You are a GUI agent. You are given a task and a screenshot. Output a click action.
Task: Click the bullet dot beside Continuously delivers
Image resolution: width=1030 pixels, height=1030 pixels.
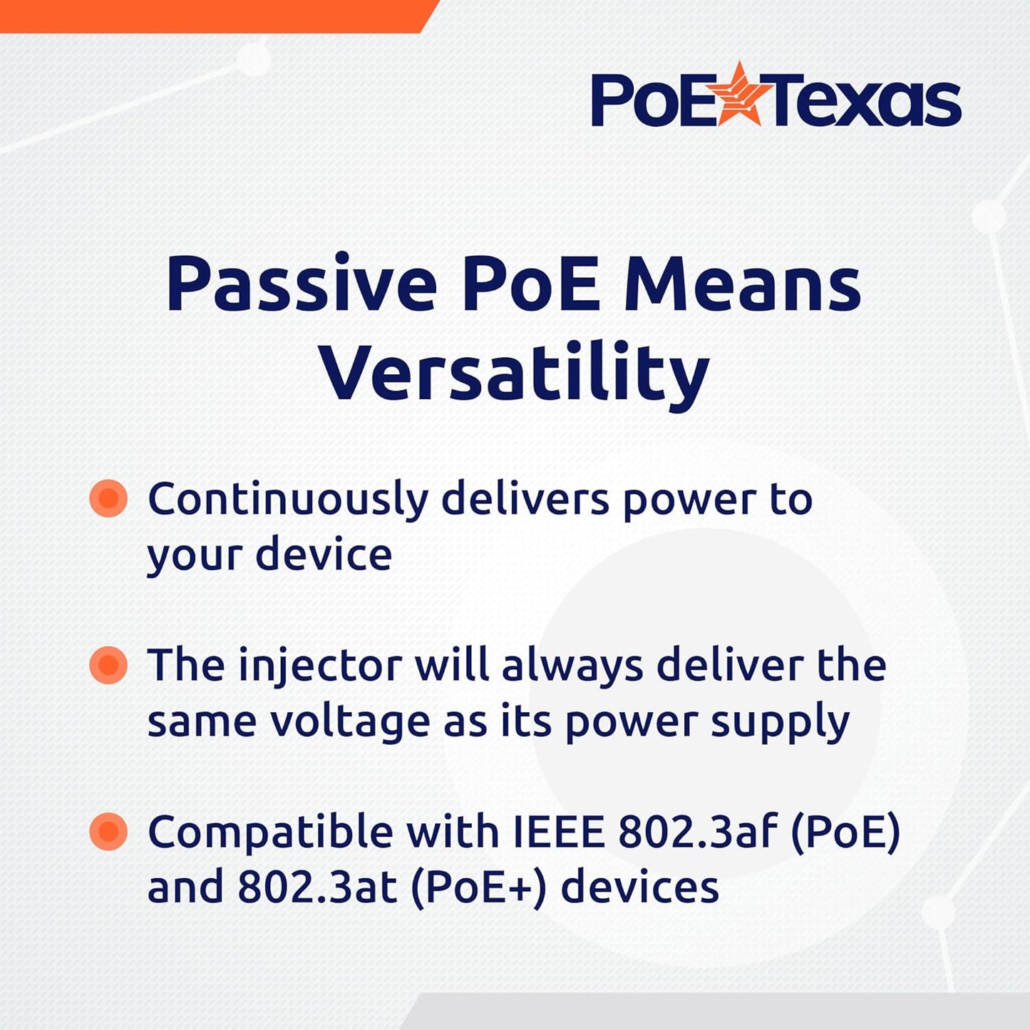point(108,498)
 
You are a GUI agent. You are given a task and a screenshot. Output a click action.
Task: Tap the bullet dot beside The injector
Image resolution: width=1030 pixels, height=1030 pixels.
point(108,665)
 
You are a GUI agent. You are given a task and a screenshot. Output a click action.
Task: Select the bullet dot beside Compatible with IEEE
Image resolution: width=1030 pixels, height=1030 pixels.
point(108,831)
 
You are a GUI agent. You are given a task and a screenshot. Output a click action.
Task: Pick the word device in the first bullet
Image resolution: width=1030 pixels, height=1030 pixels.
point(324,555)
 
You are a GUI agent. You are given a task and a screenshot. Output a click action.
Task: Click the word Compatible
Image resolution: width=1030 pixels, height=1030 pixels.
point(270,832)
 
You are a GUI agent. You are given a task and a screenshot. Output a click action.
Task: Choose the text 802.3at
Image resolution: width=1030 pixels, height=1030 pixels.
point(316,887)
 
